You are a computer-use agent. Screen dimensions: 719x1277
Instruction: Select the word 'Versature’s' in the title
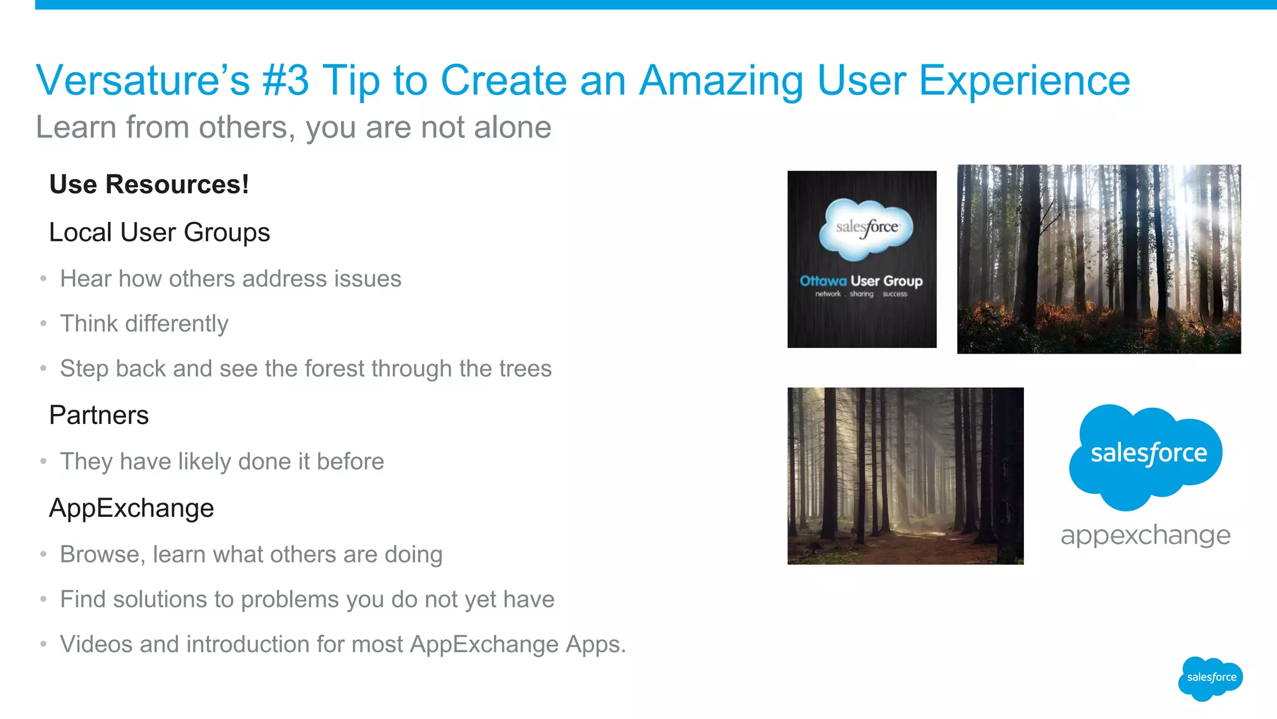point(143,81)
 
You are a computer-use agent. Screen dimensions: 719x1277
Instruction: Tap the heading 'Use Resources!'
point(149,185)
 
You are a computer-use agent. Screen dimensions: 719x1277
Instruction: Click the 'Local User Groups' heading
point(159,233)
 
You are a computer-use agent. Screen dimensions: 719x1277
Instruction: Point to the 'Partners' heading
point(99,415)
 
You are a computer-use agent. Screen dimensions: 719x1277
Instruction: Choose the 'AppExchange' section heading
point(131,508)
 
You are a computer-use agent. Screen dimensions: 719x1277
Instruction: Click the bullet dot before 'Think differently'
point(43,324)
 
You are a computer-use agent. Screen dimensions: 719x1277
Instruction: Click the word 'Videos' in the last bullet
point(96,644)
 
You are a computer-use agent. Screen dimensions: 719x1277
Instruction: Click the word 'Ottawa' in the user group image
point(823,281)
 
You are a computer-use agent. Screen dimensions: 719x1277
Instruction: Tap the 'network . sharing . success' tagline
point(861,294)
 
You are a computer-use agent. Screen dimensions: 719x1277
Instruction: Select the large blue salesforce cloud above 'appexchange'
point(1146,455)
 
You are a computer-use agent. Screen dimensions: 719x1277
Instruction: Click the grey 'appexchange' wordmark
point(1145,535)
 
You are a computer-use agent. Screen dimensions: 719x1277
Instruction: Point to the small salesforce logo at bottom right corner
point(1210,678)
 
